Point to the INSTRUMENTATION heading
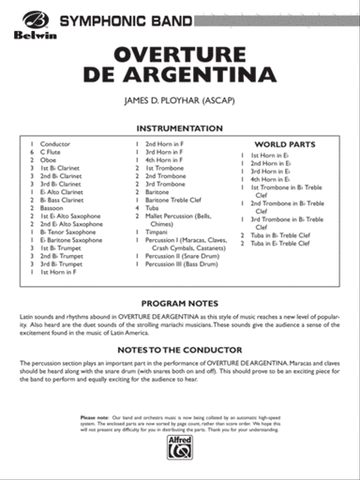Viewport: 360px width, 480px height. (180, 127)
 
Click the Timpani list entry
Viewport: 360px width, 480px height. (157, 232)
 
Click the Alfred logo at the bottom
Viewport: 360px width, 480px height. (180, 450)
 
